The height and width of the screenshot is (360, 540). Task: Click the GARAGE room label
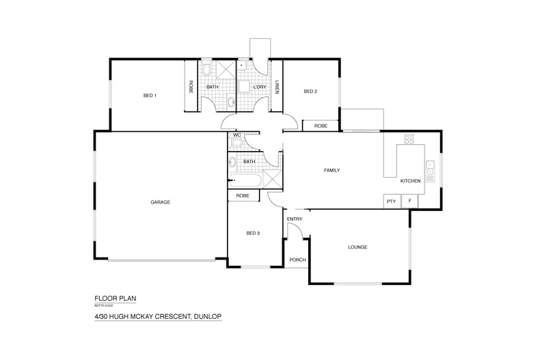point(160,202)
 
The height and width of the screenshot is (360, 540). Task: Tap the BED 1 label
point(150,95)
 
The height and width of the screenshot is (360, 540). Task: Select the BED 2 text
point(310,92)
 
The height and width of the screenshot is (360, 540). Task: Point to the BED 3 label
point(253,234)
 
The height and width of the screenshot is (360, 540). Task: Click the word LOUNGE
point(358,247)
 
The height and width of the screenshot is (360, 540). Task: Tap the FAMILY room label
point(332,170)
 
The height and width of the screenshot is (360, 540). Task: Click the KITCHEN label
point(410,181)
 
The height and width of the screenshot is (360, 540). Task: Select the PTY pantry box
point(391,201)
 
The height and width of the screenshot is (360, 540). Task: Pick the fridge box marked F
point(409,201)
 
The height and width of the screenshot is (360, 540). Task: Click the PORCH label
point(297,260)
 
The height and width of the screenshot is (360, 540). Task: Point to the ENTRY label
point(295,219)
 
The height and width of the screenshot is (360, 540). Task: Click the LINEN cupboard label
point(277,87)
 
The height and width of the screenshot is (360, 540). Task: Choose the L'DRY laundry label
point(259,87)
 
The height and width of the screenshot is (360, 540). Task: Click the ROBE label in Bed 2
point(321,126)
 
